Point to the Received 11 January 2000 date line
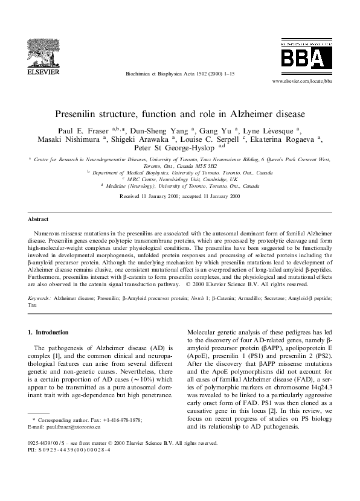click(x=180, y=197)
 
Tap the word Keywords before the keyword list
click(x=39, y=298)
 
